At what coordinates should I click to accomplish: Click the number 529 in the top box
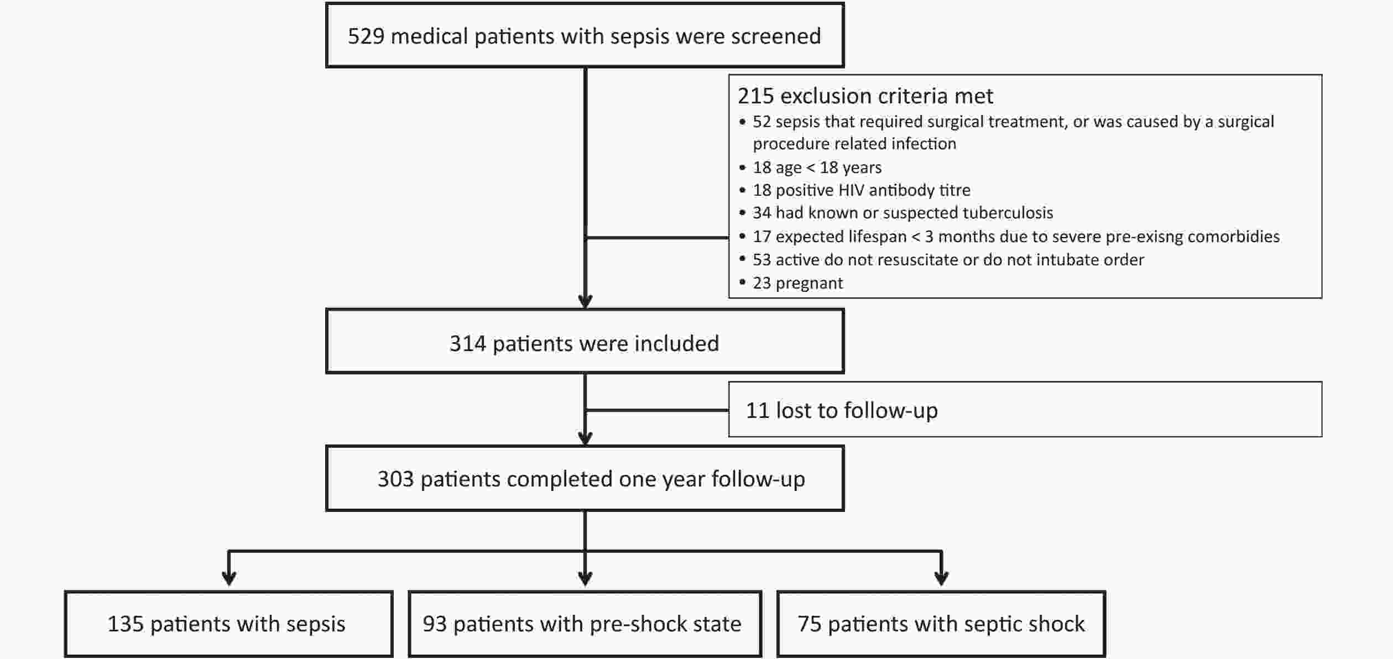(366, 36)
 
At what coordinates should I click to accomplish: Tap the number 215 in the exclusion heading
(755, 96)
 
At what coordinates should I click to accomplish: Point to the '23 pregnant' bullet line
(797, 283)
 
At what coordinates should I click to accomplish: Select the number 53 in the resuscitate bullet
(761, 260)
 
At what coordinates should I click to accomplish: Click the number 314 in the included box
(467, 344)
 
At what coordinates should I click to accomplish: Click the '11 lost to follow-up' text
(842, 410)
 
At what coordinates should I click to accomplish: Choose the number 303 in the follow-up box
(395, 479)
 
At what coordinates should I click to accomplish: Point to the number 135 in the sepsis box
(126, 624)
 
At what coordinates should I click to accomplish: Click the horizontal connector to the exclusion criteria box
(657, 238)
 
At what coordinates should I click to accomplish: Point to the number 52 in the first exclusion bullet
(761, 122)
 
